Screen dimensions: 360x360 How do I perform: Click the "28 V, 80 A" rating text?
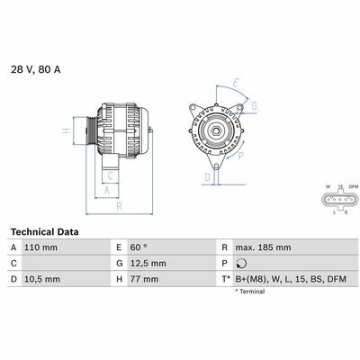click(36, 69)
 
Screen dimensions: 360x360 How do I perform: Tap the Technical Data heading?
click(45, 232)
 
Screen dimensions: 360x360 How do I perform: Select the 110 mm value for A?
click(40, 247)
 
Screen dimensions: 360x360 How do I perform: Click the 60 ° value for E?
click(139, 247)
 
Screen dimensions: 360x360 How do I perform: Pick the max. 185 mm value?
click(263, 247)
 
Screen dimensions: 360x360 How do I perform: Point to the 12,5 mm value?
click(148, 264)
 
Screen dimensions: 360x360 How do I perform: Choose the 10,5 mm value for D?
click(41, 279)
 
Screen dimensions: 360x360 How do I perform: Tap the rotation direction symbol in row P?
click(241, 264)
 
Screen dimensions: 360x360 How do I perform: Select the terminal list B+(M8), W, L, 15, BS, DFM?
click(291, 279)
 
